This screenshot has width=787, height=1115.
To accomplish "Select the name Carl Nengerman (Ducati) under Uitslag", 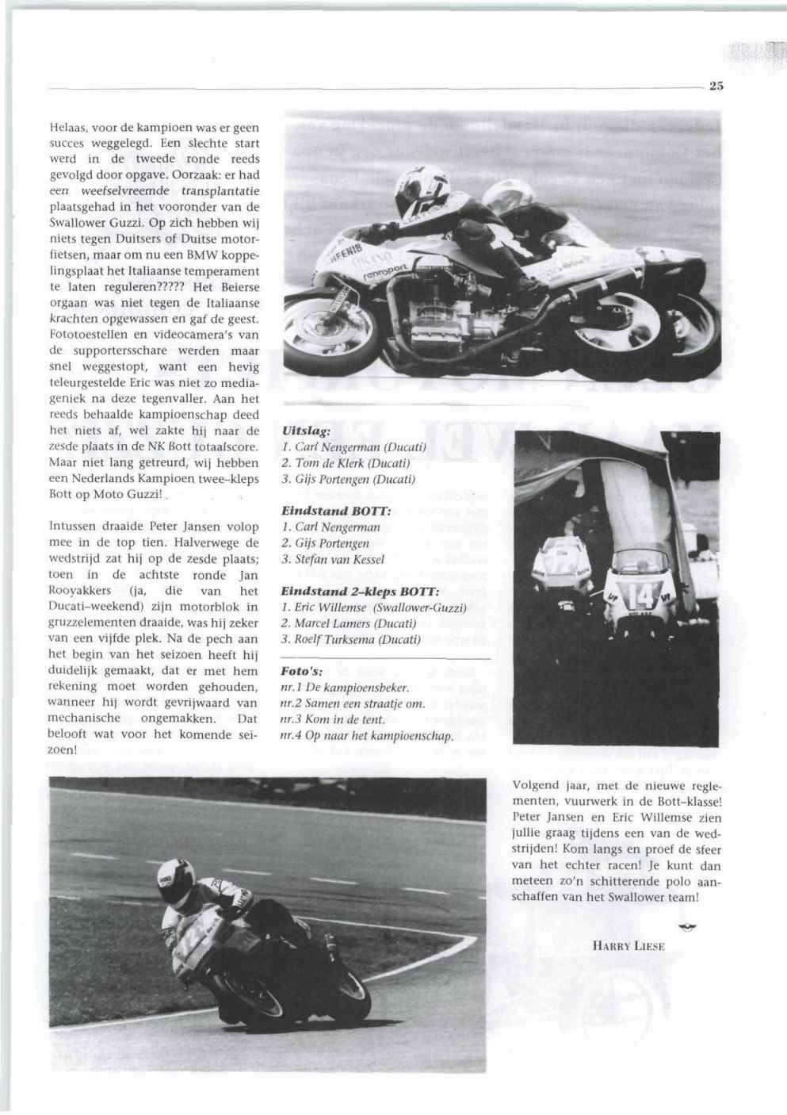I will click(x=354, y=446).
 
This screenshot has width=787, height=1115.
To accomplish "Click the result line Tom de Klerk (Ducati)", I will click(x=346, y=462).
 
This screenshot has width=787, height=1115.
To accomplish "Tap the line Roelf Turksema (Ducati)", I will click(x=350, y=639).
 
